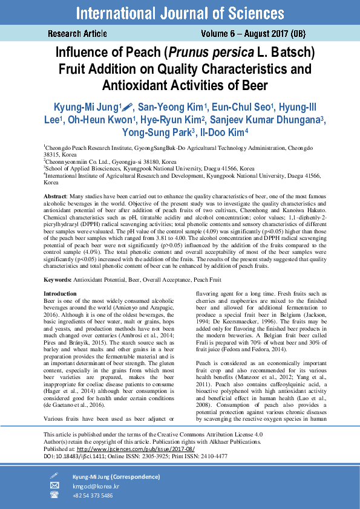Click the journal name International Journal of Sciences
[x=180, y=13]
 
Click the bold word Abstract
[x=56, y=198]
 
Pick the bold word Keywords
[x=57, y=280]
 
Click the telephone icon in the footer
[x=54, y=494]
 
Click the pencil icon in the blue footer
[x=54, y=476]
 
